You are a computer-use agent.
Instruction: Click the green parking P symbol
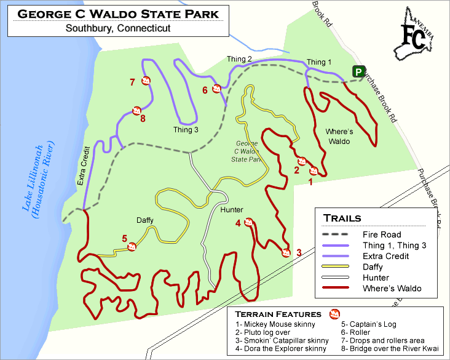tap(357, 72)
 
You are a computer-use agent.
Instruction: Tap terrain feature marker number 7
tap(146, 81)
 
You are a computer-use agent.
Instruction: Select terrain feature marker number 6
tap(216, 89)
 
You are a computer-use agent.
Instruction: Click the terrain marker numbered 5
tap(132, 247)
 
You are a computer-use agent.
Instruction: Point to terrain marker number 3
tap(285, 252)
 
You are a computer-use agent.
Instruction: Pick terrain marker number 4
tap(249, 222)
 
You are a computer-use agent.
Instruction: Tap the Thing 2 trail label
tap(239, 59)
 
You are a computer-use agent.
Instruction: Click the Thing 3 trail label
tap(186, 130)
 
